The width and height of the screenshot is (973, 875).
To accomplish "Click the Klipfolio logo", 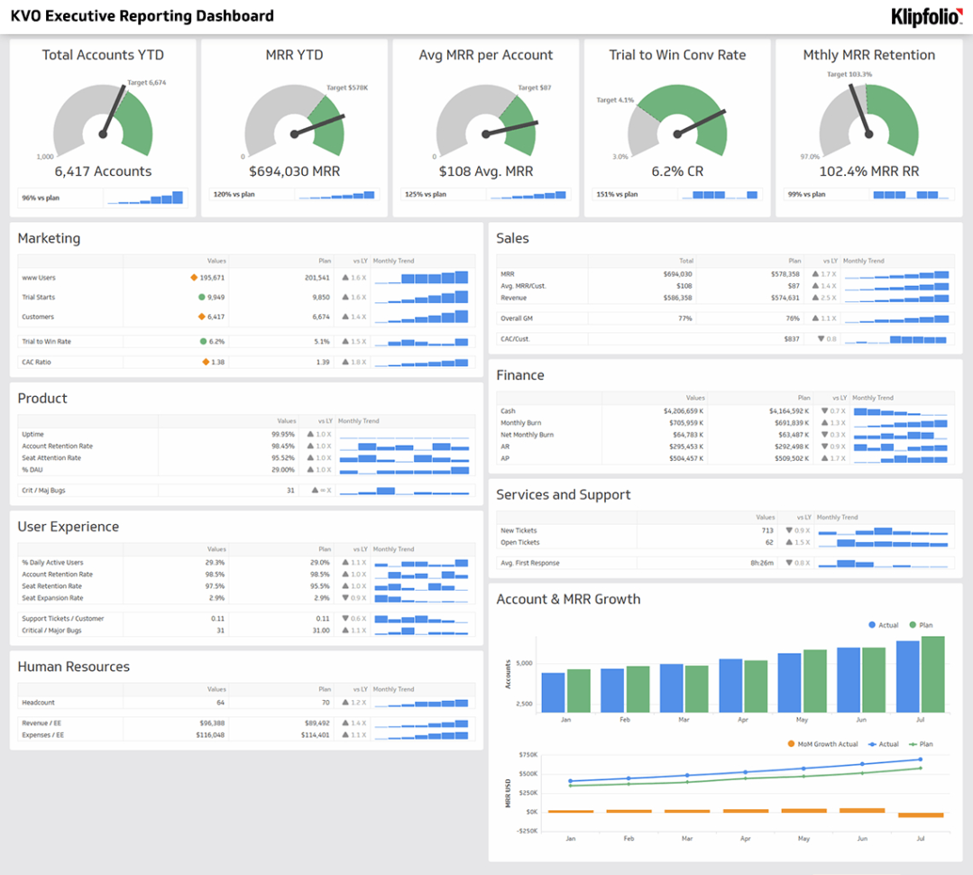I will [x=926, y=16].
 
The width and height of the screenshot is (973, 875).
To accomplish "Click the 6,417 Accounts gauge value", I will [x=103, y=171].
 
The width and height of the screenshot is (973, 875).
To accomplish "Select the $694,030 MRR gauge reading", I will [x=294, y=171].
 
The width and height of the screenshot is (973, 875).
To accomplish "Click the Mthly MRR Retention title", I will [x=868, y=55].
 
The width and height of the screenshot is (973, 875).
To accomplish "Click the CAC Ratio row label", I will [x=37, y=362].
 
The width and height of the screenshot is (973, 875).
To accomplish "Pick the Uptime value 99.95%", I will [x=282, y=434].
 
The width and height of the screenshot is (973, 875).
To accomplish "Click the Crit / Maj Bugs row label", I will [x=43, y=491].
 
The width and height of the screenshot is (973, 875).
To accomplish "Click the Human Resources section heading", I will [x=74, y=667].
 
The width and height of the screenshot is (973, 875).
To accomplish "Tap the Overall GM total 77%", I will [x=684, y=318].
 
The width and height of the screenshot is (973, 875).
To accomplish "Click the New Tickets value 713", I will [x=766, y=530].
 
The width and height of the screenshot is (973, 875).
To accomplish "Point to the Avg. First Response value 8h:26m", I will [x=761, y=563].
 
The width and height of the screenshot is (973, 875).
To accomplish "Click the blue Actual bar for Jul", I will [x=907, y=677].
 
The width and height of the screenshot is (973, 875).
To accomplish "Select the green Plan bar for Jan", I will [x=578, y=690].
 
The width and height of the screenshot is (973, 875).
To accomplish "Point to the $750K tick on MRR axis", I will [x=525, y=754].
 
